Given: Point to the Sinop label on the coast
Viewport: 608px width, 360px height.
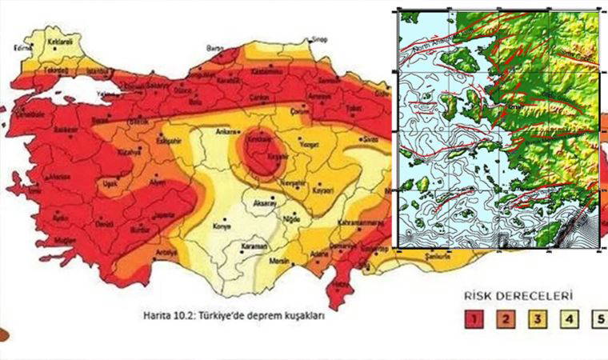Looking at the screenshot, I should (x=319, y=38).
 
